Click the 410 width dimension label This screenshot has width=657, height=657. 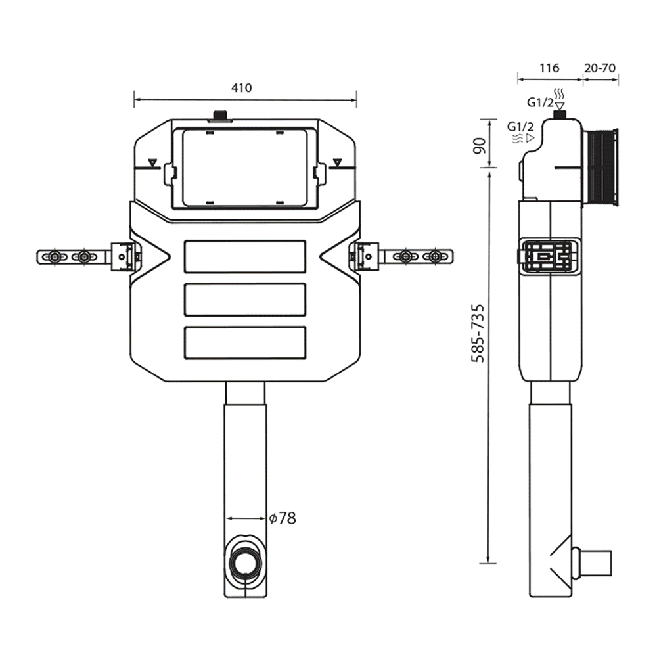pyautogui.click(x=242, y=87)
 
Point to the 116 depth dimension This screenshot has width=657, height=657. pyautogui.click(x=549, y=68)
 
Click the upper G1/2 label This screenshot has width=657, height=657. pyautogui.click(x=539, y=102)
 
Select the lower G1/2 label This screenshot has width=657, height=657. pyautogui.click(x=520, y=125)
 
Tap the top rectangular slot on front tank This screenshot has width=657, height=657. pyautogui.click(x=246, y=256)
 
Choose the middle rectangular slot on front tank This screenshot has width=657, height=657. pyautogui.click(x=246, y=300)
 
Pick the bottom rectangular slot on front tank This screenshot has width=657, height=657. pyautogui.click(x=246, y=342)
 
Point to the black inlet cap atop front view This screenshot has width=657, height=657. pyautogui.click(x=219, y=117)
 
